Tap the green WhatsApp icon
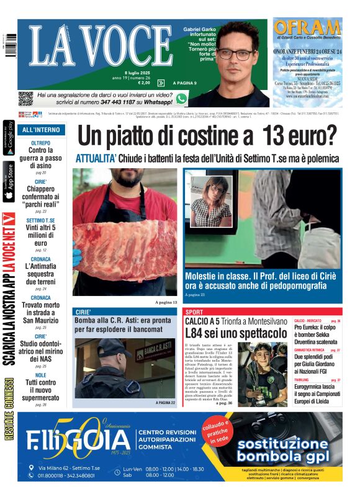click(x=181, y=98)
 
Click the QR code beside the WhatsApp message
click(x=25, y=98)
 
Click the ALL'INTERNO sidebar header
click(x=41, y=130)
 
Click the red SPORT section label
click(x=194, y=312)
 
